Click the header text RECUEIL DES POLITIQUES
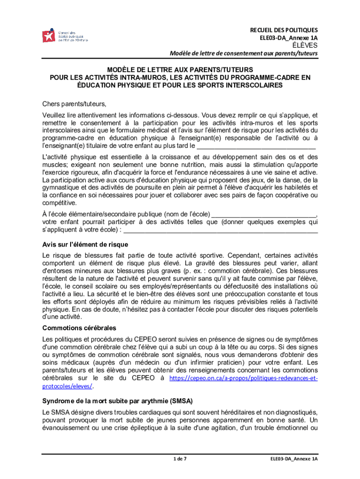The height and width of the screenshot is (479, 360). (x=284, y=29)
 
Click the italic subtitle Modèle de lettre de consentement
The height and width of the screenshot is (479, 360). (x=243, y=53)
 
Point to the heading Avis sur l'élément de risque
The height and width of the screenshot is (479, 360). (x=85, y=245)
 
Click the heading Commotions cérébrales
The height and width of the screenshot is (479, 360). (x=79, y=327)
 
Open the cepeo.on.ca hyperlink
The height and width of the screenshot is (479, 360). (x=243, y=378)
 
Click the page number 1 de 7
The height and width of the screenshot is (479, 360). (x=180, y=459)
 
